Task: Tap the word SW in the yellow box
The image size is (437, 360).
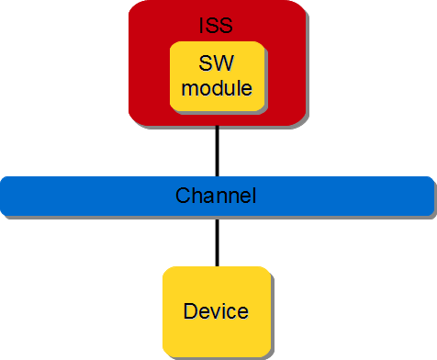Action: (217, 66)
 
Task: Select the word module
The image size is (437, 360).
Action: (217, 89)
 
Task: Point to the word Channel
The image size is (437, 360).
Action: (216, 196)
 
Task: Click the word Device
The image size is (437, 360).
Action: (216, 311)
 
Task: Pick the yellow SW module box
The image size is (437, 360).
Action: (218, 77)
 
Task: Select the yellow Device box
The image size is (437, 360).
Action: (216, 310)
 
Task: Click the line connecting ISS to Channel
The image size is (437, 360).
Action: (218, 151)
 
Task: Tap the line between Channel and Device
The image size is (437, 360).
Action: (218, 241)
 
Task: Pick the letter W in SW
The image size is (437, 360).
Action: (224, 66)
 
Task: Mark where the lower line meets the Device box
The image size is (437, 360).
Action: (218, 267)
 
